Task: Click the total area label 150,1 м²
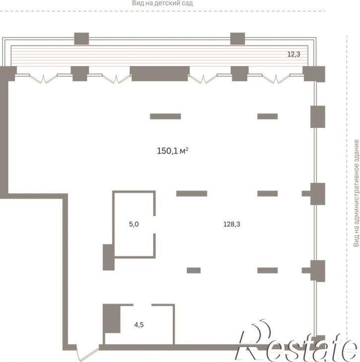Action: click(172, 151)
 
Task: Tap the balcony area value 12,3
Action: click(293, 54)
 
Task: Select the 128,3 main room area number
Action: click(232, 224)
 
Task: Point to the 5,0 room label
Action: click(134, 224)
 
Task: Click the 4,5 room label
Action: click(139, 325)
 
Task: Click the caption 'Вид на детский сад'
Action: click(162, 3)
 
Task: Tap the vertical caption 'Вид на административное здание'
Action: click(357, 193)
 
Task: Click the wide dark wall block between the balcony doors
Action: click(159, 74)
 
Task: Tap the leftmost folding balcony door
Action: click(43, 78)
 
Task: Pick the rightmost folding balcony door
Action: click(276, 78)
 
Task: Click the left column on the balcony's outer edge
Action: click(81, 39)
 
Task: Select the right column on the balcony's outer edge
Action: click(237, 39)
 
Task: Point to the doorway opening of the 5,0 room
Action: click(154, 225)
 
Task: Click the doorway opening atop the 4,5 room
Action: click(143, 305)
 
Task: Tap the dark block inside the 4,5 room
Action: click(112, 318)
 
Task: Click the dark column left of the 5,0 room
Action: click(108, 257)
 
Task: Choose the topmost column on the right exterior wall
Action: click(318, 117)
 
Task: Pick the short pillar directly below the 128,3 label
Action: click(268, 270)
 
